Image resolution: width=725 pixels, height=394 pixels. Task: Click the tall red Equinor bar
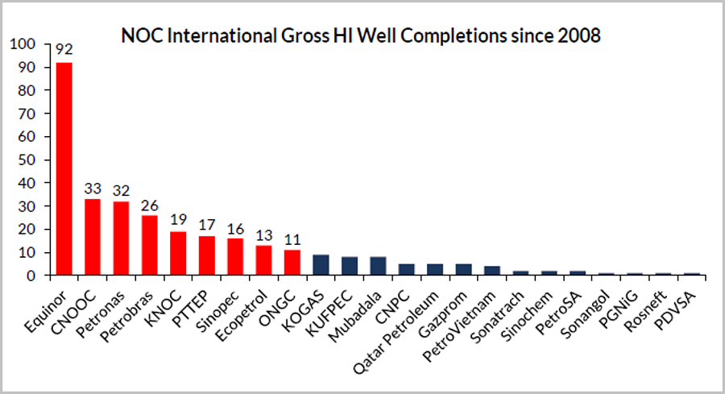pos(64,169)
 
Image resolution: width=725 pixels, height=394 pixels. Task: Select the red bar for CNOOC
pos(93,237)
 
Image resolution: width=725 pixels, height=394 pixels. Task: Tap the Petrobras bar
pos(149,245)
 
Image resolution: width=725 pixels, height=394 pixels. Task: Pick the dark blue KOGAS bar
pos(320,265)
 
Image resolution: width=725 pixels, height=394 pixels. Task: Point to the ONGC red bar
pos(292,263)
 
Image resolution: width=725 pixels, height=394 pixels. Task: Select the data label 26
pos(149,205)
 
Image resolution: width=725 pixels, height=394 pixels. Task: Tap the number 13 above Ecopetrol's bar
pos(263,235)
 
